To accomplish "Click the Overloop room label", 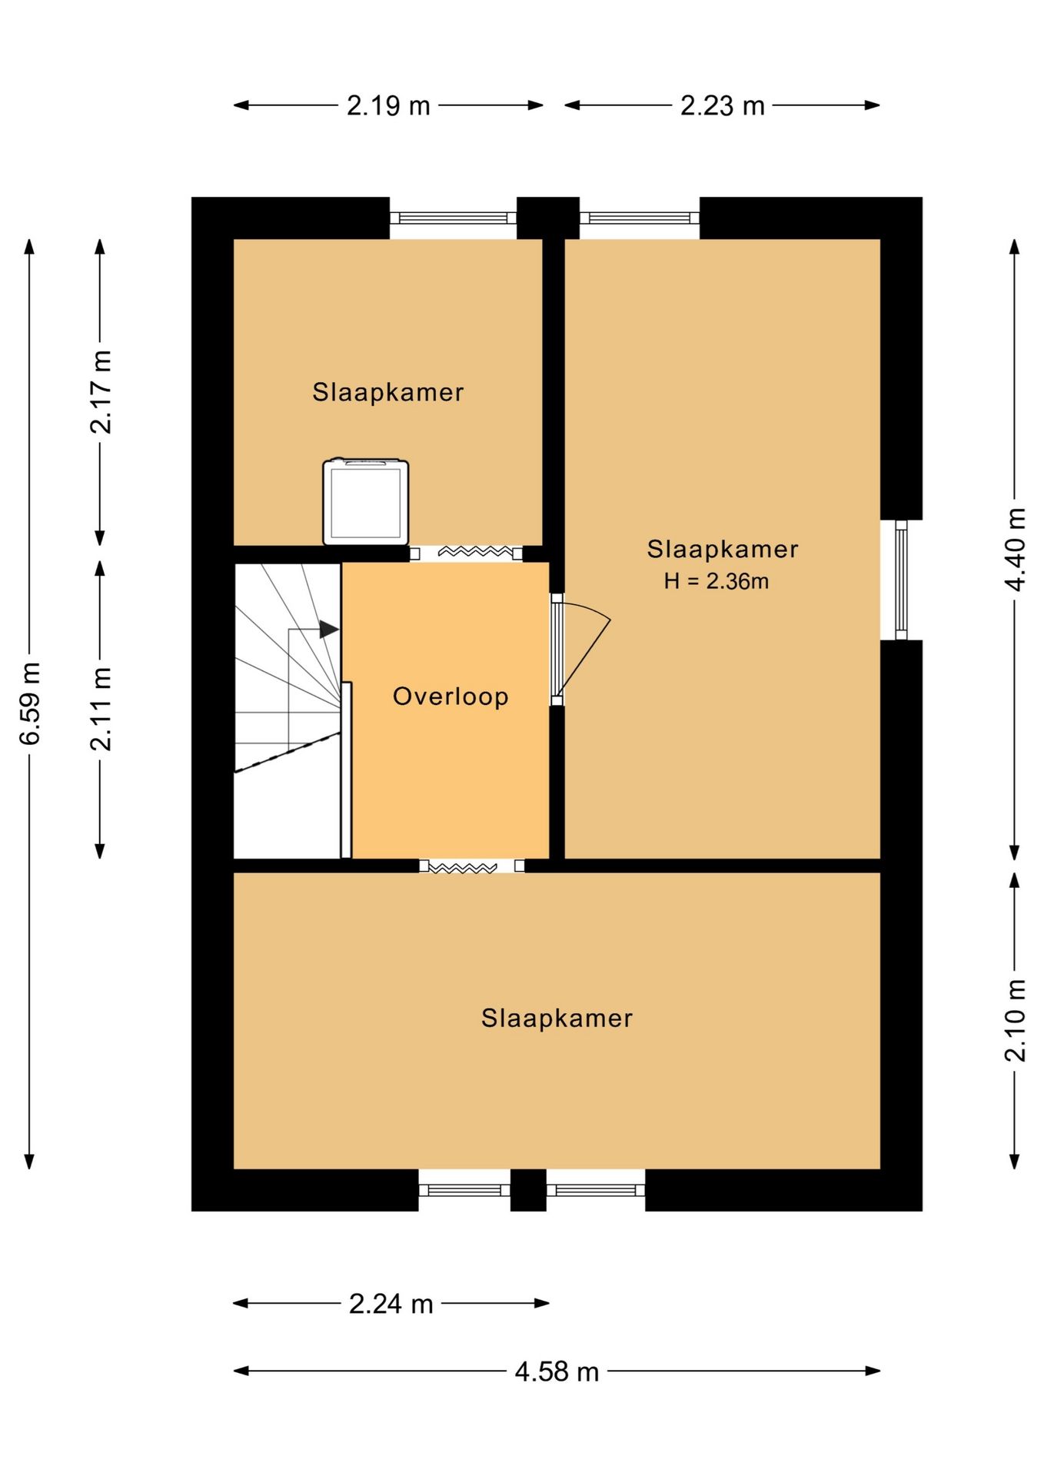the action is pos(451,696).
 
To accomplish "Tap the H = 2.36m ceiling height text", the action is pos(717,581).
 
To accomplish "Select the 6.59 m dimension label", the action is pos(29,703).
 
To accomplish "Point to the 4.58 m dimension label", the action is pos(557,1371).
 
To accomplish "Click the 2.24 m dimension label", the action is pos(391,1304).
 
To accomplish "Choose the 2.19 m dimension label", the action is pos(388,105).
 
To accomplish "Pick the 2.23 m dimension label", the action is pos(723,105).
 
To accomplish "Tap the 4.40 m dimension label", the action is pos(1015,550).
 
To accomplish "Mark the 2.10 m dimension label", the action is pos(1015,1021).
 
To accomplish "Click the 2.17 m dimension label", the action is pos(100,392).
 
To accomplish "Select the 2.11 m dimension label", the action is pos(100,709).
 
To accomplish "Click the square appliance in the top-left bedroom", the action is pos(366,502).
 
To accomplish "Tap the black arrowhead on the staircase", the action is pos(329,630).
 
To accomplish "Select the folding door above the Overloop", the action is pos(466,553).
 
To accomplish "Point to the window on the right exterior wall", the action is pos(901,580).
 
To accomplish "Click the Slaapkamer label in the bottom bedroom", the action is pos(557,1019).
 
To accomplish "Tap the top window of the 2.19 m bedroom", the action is pos(453,218).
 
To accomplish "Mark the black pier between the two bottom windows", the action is pos(528,1190).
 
